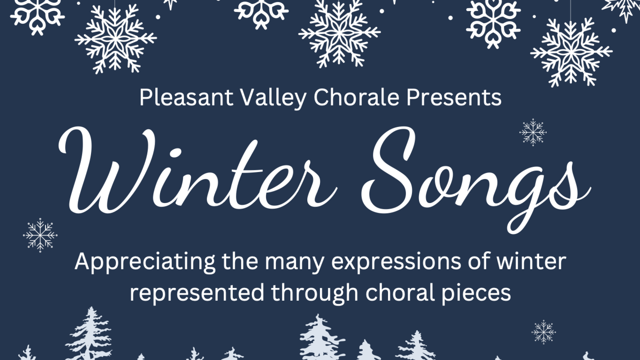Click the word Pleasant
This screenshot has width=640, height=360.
point(186,98)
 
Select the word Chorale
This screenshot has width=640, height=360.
point(356,97)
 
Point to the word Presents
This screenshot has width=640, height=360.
point(454,98)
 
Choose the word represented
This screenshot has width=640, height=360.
point(197,293)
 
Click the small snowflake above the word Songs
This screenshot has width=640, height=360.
point(533,132)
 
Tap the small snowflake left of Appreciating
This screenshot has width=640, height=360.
point(40,235)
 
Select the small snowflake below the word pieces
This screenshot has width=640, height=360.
point(544,332)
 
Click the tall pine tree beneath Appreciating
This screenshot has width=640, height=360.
point(89,333)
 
